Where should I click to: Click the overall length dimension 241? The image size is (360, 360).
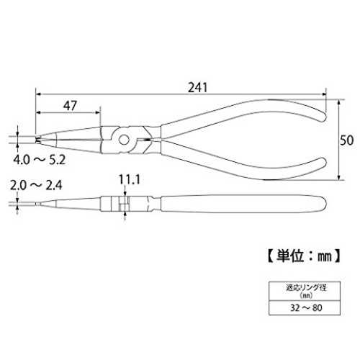(197, 88)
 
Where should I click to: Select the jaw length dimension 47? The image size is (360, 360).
(70, 106)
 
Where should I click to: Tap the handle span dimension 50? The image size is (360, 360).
(347, 140)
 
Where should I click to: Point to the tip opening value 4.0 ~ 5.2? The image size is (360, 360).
(40, 160)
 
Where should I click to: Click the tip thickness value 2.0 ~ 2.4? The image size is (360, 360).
(36, 185)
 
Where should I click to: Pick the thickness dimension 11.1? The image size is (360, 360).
(130, 179)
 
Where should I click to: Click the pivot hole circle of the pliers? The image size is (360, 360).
(124, 140)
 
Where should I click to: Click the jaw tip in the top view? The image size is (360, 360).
(37, 140)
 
